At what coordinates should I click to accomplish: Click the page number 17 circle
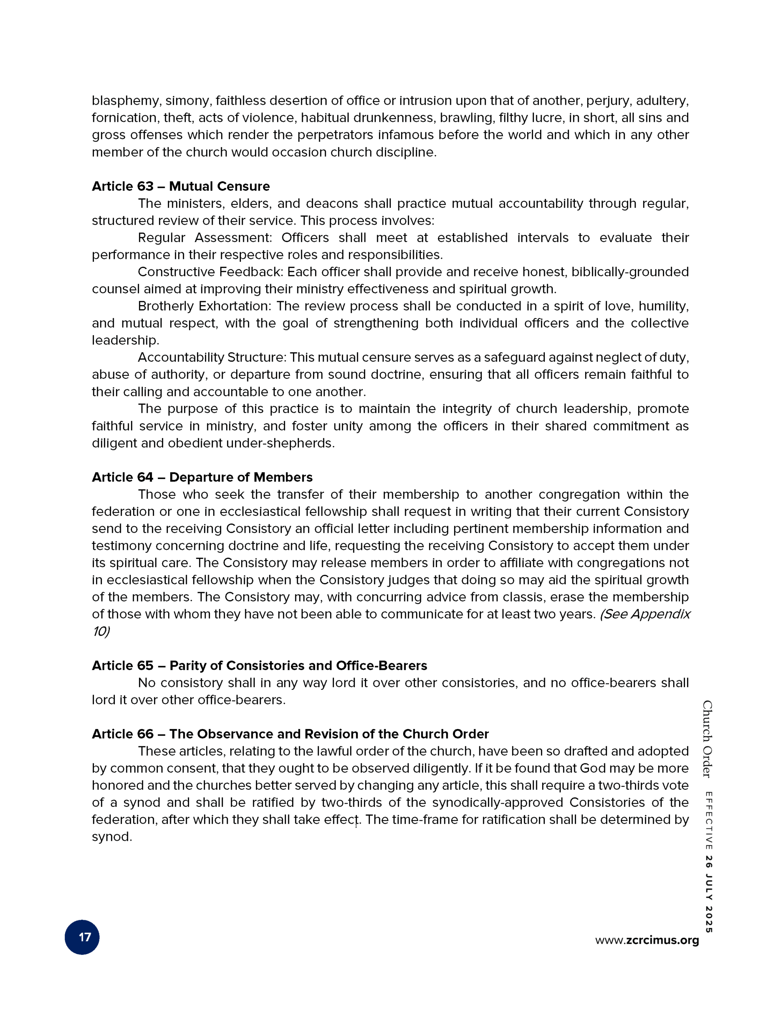pos(82,937)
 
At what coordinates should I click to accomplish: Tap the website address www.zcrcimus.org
pos(647,940)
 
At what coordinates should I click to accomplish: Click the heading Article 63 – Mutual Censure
pos(180,186)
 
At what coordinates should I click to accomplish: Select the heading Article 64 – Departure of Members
pos(202,477)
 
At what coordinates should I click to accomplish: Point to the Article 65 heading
pos(259,665)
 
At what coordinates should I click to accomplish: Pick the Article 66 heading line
pos(290,734)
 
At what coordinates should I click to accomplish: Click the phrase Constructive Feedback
pos(210,272)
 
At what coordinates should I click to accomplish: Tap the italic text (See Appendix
pos(644,614)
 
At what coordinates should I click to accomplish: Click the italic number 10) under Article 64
pos(101,632)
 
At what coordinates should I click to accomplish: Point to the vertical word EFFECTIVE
pos(708,821)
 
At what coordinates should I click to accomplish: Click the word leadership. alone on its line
pos(125,341)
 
